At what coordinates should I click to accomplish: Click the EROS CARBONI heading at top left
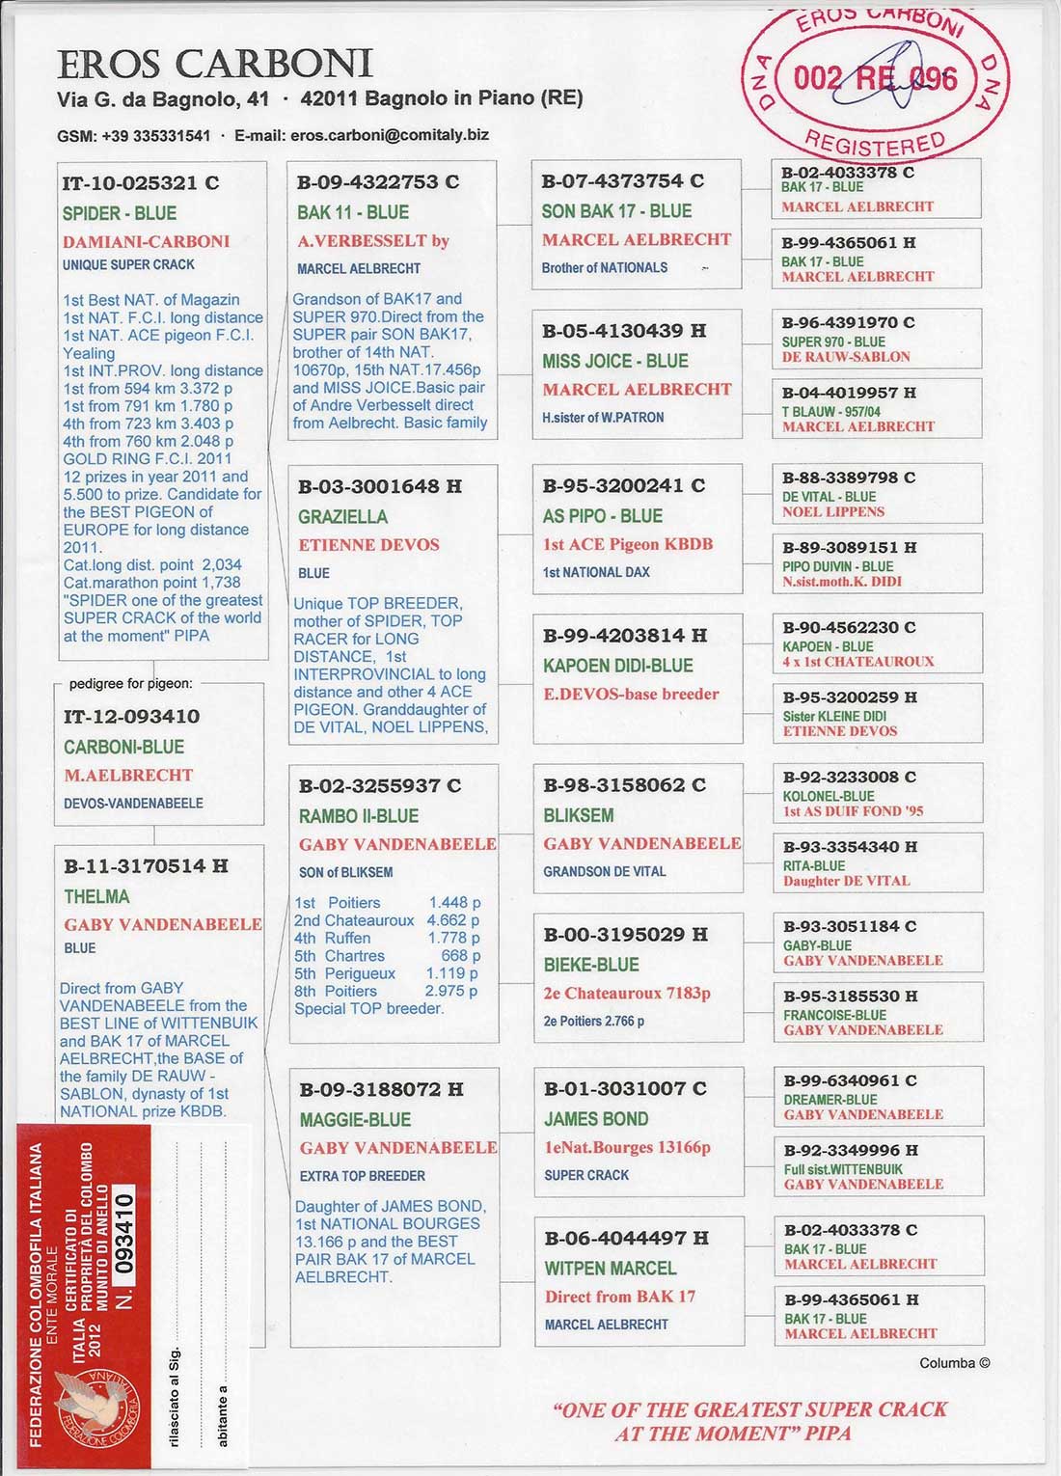pos(214,64)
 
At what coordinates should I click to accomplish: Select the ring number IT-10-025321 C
pos(141,183)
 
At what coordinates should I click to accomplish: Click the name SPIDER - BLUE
pos(120,213)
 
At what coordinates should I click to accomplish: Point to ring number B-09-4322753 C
pos(378,182)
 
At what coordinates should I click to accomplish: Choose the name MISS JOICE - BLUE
pos(614,361)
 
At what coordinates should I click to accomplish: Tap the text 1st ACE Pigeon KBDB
pos(627,544)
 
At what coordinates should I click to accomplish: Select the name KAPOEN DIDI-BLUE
pos(617,665)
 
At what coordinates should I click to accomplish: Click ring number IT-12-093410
pos(131,717)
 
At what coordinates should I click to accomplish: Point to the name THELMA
pos(96,896)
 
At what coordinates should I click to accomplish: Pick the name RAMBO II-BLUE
pos(358,816)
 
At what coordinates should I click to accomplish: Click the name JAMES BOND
pos(595,1119)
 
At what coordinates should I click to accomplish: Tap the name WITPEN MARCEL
pos(610,1268)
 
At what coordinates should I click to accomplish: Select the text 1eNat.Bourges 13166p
pos(627,1147)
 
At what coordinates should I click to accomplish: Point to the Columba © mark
pos(954,1363)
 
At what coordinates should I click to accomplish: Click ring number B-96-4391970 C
pos(848,323)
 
